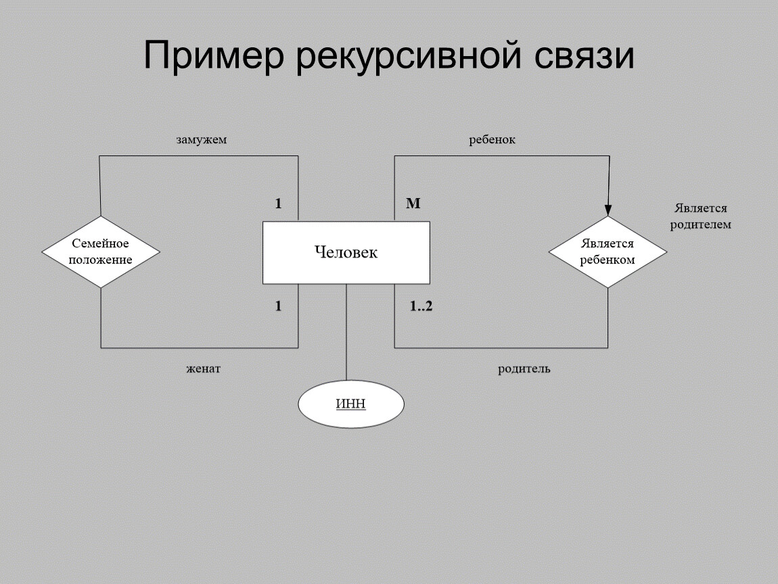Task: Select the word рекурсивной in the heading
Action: click(x=409, y=57)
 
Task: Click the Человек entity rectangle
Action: click(x=346, y=253)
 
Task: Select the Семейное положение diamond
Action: click(x=101, y=251)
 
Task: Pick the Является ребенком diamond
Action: click(x=607, y=251)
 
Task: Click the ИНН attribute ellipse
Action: click(x=350, y=404)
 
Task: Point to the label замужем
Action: click(x=201, y=141)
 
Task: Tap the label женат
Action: click(x=204, y=369)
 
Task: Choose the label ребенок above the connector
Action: click(x=493, y=140)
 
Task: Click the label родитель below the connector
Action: click(x=524, y=369)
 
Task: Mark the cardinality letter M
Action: click(x=413, y=203)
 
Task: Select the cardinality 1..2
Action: click(x=421, y=306)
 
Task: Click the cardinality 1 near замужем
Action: click(x=278, y=203)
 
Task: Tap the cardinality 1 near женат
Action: click(x=278, y=306)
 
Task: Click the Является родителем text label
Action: click(x=700, y=216)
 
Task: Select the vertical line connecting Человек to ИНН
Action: click(x=346, y=331)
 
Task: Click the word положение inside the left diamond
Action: click(x=101, y=260)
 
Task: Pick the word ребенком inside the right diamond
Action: click(x=608, y=260)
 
